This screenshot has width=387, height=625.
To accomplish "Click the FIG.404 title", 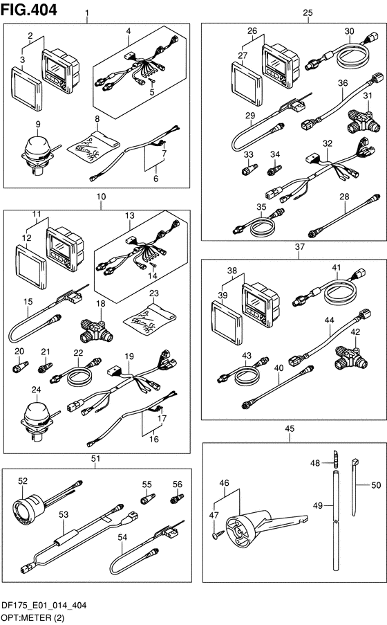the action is tap(28, 10).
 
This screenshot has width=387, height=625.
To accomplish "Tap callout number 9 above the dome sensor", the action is tap(38, 124).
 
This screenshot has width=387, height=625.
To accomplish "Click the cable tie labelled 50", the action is tap(355, 487).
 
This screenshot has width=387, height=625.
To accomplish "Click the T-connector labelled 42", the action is tap(351, 356).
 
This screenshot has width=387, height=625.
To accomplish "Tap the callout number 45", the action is tap(290, 428).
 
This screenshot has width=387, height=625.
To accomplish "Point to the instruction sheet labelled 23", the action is tap(149, 319).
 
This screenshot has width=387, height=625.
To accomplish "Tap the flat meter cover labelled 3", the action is tap(26, 88).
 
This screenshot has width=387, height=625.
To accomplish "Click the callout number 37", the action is tap(299, 246).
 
